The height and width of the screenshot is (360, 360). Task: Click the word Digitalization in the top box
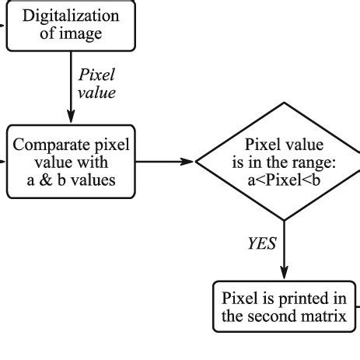(x=72, y=16)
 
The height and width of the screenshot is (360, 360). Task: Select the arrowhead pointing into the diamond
(x=188, y=163)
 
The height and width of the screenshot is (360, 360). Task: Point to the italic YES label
(x=262, y=244)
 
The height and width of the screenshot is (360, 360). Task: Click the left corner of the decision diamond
(x=197, y=163)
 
